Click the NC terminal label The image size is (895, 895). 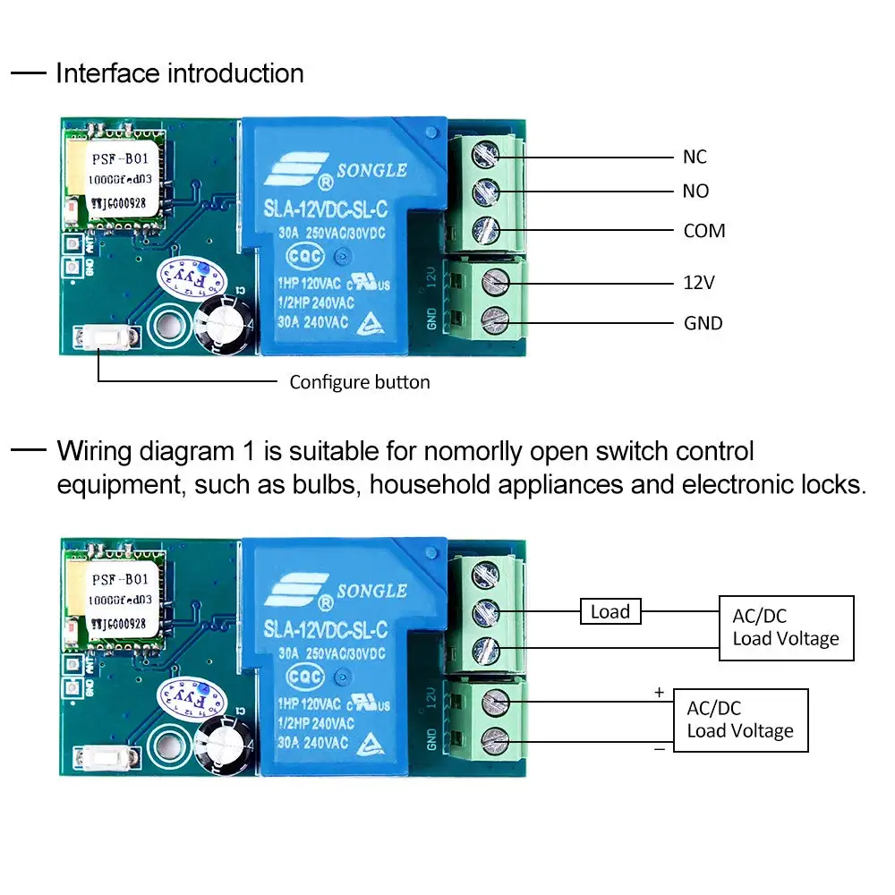tap(695, 158)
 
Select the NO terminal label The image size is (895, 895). tap(695, 192)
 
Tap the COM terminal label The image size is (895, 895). tap(704, 231)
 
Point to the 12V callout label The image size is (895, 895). tap(698, 283)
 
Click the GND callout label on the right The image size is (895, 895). tap(703, 323)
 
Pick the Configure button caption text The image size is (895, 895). tap(360, 383)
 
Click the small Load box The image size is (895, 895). tap(610, 612)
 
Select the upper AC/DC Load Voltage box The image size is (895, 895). tap(786, 628)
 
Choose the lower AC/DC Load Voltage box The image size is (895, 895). tap(740, 720)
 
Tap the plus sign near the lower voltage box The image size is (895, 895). tap(660, 692)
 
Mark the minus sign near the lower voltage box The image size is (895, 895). tap(660, 748)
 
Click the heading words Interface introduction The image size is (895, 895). tap(180, 73)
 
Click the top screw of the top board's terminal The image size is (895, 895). tap(487, 154)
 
